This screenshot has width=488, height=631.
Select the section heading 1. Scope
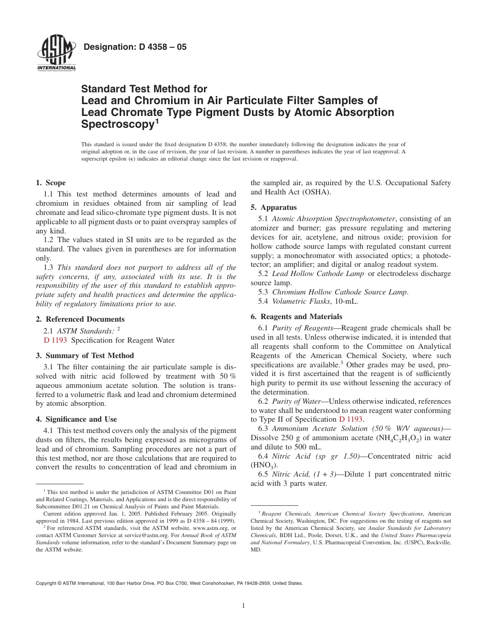(x=50, y=183)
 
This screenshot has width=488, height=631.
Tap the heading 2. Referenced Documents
(x=80, y=319)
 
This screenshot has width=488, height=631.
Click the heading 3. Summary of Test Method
(x=85, y=356)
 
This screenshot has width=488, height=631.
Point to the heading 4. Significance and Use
(x=76, y=419)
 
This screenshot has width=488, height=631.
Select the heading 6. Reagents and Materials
(x=296, y=317)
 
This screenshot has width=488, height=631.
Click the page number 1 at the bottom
(x=243, y=606)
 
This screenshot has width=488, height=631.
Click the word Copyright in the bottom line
(x=46, y=583)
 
